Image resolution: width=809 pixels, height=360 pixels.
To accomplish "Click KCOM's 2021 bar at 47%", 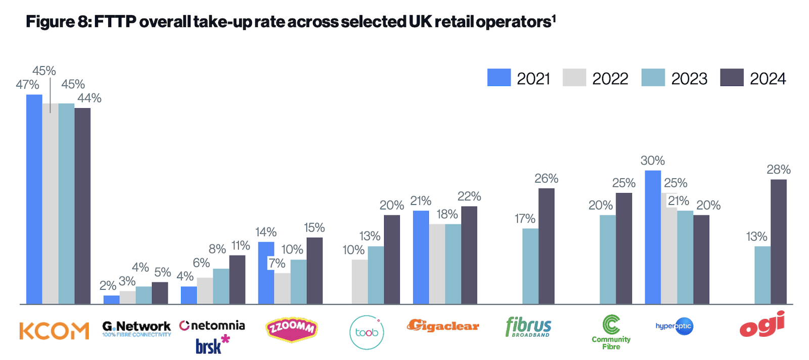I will pos(34,199).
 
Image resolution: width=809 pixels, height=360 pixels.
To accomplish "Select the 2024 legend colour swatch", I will pos(732,77).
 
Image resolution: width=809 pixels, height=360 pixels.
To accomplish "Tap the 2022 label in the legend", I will pos(610,78).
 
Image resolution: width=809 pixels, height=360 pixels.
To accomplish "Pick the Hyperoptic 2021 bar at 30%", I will pos(653,237).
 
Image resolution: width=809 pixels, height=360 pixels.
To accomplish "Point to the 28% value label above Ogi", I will pos(778,169).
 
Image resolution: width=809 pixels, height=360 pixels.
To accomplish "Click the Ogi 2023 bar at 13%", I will pos(762,275).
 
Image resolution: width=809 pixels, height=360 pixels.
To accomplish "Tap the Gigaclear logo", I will pos(443,326).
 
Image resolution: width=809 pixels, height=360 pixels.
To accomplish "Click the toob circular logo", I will pos(367,332).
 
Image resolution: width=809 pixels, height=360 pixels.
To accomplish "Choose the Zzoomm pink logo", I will pos(291,330).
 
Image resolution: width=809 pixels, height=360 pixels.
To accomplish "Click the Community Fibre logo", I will pos(611,332).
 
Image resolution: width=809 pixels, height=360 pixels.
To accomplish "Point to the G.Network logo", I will pos(137,328).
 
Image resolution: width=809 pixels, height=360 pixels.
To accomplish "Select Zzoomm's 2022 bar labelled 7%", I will pos(282,288).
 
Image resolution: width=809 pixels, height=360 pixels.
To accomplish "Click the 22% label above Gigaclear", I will pos(469,196).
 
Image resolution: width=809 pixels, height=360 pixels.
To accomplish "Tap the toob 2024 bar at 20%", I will pos(391,259).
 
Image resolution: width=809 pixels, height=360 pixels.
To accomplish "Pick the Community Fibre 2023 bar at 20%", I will pos(608,259).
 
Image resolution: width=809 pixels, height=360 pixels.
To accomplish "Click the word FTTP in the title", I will pos(115,22).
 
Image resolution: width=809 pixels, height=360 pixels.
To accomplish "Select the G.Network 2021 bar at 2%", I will pos(111,299).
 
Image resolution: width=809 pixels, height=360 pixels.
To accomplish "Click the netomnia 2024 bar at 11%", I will pos(237,279).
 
